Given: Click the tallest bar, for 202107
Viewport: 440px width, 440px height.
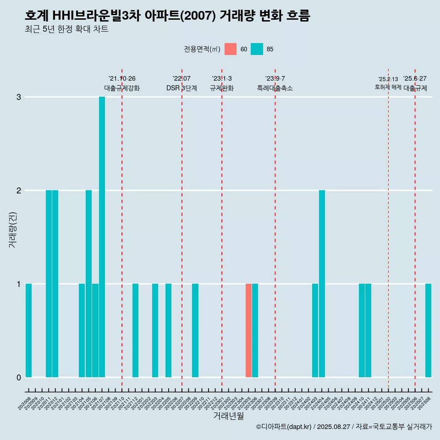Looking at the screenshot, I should tap(102, 237).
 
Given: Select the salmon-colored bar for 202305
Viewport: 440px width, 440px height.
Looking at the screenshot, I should tap(248, 330).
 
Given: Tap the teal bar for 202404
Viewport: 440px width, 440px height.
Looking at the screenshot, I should tap(322, 284).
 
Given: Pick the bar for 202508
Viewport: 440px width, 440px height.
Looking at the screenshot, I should tap(428, 330).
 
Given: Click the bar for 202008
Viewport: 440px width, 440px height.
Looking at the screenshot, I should tap(28, 330).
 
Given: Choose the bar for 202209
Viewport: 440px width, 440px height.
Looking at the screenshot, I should tap(195, 330).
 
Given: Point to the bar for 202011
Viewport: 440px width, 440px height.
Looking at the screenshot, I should tap(49, 284).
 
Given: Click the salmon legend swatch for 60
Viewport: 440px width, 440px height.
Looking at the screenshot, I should tap(231, 49).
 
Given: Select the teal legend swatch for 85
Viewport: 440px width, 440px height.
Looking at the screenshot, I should tap(257, 49).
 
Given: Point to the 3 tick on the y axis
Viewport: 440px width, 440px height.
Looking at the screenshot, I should tap(19, 97).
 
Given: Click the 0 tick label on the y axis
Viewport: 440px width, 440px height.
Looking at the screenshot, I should tap(19, 377).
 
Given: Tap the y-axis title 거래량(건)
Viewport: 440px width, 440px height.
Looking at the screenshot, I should tap(12, 229).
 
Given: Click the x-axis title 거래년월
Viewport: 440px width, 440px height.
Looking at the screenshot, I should tap(228, 416).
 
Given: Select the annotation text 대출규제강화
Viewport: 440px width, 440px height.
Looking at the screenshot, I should tap(122, 88).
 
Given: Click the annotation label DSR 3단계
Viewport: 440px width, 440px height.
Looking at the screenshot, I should tap(181, 88).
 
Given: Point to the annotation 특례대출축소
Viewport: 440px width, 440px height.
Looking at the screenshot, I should tap(275, 88).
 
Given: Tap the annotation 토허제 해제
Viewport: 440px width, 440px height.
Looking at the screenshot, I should tap(388, 87).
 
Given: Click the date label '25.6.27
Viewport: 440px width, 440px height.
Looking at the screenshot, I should tap(415, 79).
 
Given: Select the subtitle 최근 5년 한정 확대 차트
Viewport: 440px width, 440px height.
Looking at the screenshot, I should tap(66, 29).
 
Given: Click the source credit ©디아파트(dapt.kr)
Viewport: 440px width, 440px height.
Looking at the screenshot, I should tap(284, 427).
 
